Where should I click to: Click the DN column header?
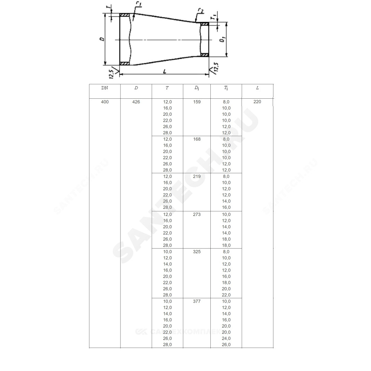(105, 88)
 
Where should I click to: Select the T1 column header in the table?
(226, 88)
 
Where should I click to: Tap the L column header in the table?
(257, 88)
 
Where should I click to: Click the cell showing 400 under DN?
(105, 102)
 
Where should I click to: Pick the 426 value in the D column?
(136, 102)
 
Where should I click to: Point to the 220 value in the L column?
(257, 102)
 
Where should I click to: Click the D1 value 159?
(197, 102)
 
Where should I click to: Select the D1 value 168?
(197, 139)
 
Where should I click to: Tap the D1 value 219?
(197, 176)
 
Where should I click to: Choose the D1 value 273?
(197, 214)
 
